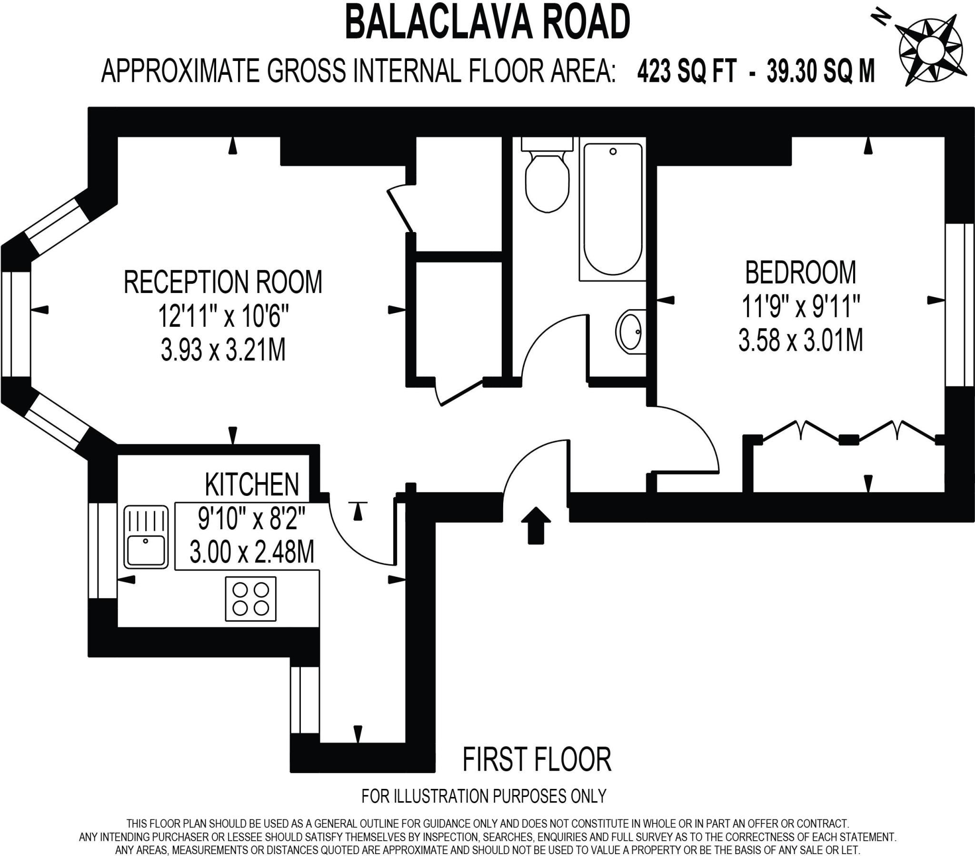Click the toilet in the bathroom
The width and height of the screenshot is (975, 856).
[547, 179]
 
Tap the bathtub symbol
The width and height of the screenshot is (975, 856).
[613, 210]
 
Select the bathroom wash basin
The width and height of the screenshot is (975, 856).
[630, 332]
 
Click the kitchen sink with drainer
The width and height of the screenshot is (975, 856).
[146, 536]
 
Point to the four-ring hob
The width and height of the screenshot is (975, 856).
[250, 599]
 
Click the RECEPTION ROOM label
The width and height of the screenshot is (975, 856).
[223, 282]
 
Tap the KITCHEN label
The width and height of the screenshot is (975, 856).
[252, 484]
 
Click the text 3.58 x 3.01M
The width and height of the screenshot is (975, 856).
[800, 341]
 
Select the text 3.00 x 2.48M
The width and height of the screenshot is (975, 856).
[252, 552]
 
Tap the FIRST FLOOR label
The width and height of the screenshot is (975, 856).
[537, 760]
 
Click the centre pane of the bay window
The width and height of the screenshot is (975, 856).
[16, 324]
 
